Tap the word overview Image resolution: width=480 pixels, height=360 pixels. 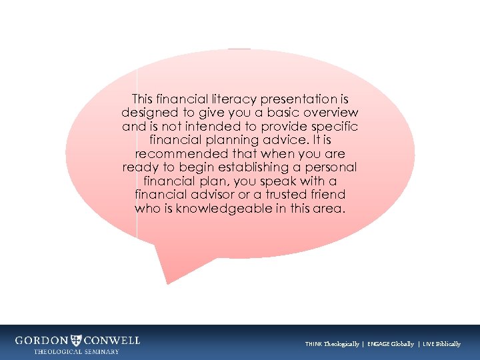[x=329, y=113]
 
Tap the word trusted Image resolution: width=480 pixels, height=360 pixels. [x=291, y=195]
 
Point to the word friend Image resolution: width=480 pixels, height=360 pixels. [x=329, y=195]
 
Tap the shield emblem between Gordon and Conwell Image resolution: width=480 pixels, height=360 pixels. [x=77, y=340]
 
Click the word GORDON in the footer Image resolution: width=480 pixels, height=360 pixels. [x=42, y=340]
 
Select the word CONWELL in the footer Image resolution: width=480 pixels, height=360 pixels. [x=112, y=340]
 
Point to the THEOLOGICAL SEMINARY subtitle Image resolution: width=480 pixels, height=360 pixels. [x=77, y=351]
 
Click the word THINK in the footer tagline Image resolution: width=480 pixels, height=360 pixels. [x=314, y=344]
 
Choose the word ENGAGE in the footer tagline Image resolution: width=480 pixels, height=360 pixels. [x=378, y=344]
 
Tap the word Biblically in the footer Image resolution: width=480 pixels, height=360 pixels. [x=447, y=344]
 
